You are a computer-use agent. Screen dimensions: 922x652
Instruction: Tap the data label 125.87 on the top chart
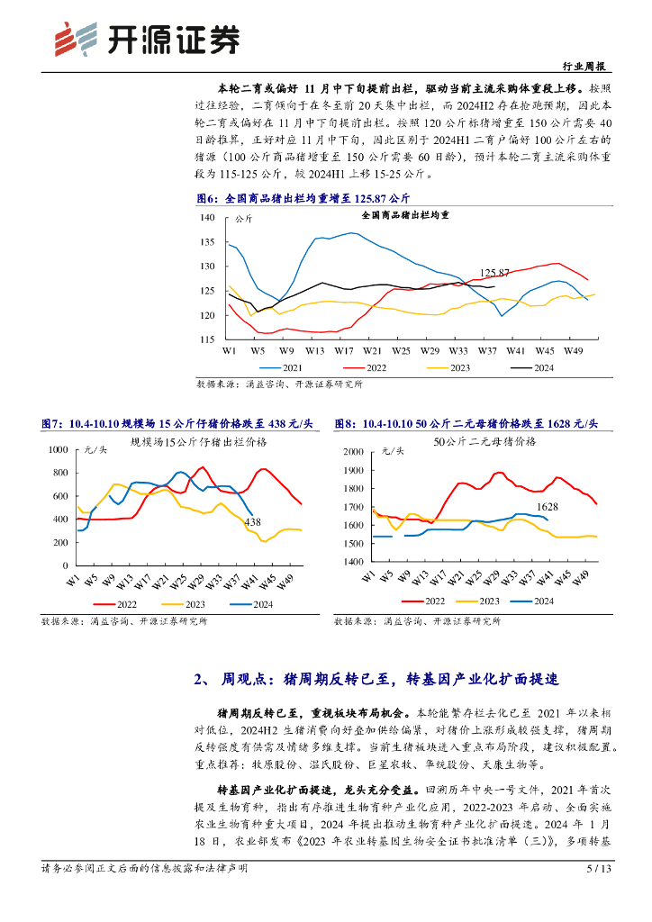pos(494,272)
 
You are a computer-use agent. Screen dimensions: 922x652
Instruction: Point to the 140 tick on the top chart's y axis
pos(207,218)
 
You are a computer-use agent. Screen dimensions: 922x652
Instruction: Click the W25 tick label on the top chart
pos(401,349)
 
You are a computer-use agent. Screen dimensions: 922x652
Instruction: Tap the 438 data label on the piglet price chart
pos(252,522)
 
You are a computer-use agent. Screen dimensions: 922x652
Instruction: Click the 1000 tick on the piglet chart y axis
pos(57,448)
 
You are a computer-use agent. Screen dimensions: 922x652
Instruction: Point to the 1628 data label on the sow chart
pos(548,507)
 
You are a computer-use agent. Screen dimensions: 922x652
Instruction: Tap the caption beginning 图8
pos(466,423)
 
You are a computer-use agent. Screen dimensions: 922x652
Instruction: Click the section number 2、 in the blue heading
pos(203,678)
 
